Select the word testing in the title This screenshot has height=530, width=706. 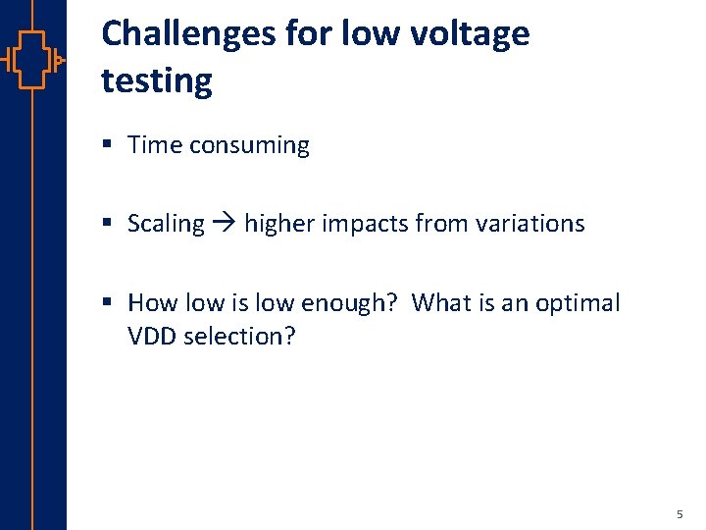157,80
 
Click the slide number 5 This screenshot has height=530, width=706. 679,513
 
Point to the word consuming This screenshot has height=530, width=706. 249,145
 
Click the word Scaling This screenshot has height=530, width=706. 166,224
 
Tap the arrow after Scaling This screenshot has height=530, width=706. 225,224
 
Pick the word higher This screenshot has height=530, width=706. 279,224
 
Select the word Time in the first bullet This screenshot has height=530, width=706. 155,145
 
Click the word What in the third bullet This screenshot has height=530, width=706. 441,302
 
